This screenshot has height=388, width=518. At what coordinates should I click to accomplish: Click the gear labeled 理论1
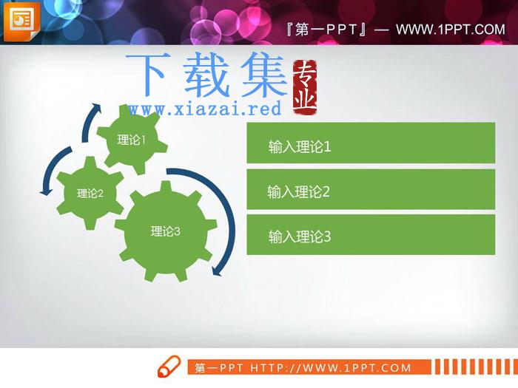click(x=132, y=140)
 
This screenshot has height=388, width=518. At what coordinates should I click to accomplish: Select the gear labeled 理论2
click(x=90, y=194)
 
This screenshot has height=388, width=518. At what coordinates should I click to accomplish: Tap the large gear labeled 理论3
click(x=166, y=231)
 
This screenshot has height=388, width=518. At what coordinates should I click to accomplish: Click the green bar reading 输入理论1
click(x=371, y=143)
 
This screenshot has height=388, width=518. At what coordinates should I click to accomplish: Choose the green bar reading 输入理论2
click(x=371, y=189)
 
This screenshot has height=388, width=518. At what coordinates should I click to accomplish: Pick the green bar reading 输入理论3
click(x=371, y=234)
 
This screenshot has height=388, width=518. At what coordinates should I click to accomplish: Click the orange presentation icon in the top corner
click(x=21, y=21)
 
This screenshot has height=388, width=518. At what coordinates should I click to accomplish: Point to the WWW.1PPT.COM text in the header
click(x=451, y=30)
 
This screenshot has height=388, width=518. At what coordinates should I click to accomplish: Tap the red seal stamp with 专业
click(x=305, y=87)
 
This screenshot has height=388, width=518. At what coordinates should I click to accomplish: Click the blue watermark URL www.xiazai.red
click(x=205, y=109)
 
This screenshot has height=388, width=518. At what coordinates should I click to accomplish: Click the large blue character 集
click(x=263, y=75)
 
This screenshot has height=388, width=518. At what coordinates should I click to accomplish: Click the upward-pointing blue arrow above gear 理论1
click(x=87, y=123)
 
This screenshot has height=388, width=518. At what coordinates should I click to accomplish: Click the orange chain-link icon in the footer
click(x=169, y=366)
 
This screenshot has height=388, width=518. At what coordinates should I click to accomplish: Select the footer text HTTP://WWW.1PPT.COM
click(x=330, y=367)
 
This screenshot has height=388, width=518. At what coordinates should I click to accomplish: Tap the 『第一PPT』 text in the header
click(x=326, y=30)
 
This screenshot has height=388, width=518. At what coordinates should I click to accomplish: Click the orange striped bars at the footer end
click(x=477, y=367)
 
